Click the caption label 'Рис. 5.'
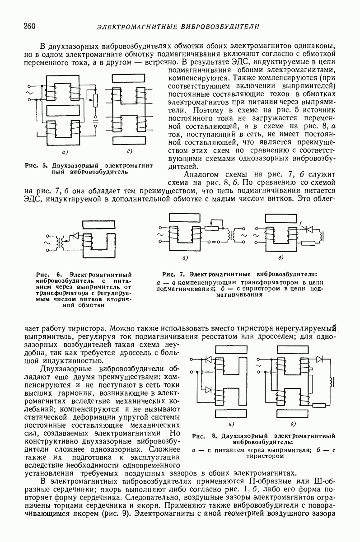point(36,165)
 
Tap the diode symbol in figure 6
point(75,236)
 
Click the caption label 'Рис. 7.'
point(174,274)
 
